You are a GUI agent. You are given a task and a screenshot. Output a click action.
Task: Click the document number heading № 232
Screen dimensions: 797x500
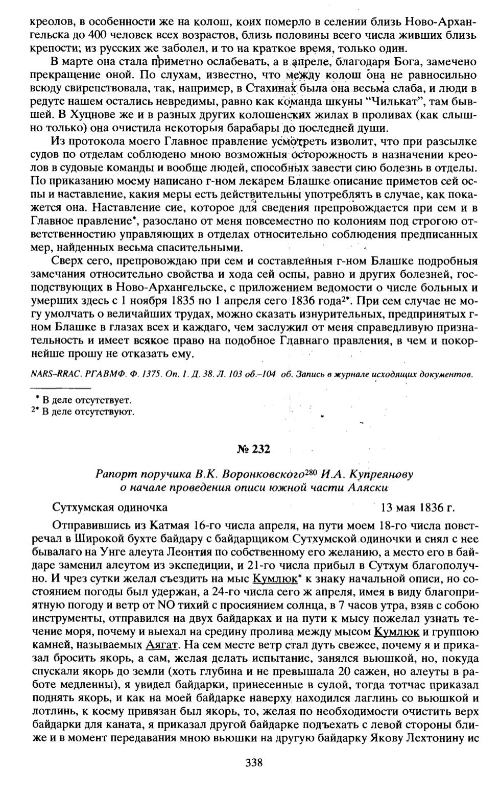253,449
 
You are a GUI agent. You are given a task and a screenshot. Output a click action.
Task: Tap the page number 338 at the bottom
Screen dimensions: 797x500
254,763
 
